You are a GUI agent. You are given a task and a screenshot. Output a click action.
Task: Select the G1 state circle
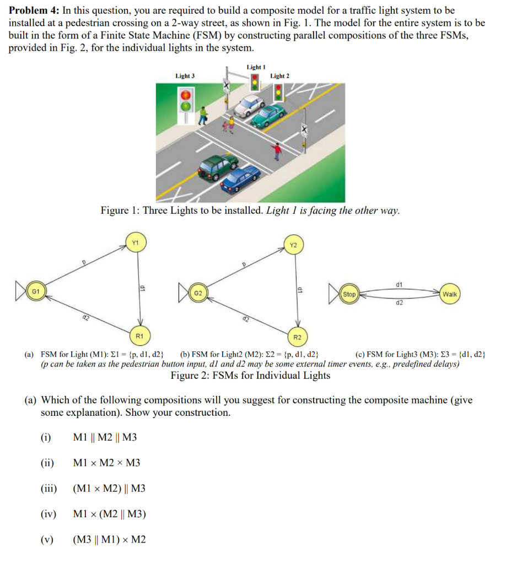(35, 290)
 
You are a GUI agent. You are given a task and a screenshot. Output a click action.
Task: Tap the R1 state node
(139, 335)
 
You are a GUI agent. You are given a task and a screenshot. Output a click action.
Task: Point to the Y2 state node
(293, 245)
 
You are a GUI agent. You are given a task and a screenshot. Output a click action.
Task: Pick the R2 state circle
(297, 336)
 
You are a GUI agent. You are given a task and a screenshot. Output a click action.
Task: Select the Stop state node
(349, 294)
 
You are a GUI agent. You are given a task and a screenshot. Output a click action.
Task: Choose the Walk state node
(449, 294)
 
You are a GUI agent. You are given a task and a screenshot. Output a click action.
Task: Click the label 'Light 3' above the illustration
(185, 76)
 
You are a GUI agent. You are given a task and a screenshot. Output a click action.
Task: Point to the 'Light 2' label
(279, 76)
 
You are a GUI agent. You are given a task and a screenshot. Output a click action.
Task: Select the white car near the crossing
(249, 105)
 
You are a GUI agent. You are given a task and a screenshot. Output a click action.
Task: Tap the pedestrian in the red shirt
(278, 149)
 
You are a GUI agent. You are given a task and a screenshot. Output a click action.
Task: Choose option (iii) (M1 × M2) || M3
(109, 488)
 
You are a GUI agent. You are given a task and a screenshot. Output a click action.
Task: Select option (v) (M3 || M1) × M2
(109, 539)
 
